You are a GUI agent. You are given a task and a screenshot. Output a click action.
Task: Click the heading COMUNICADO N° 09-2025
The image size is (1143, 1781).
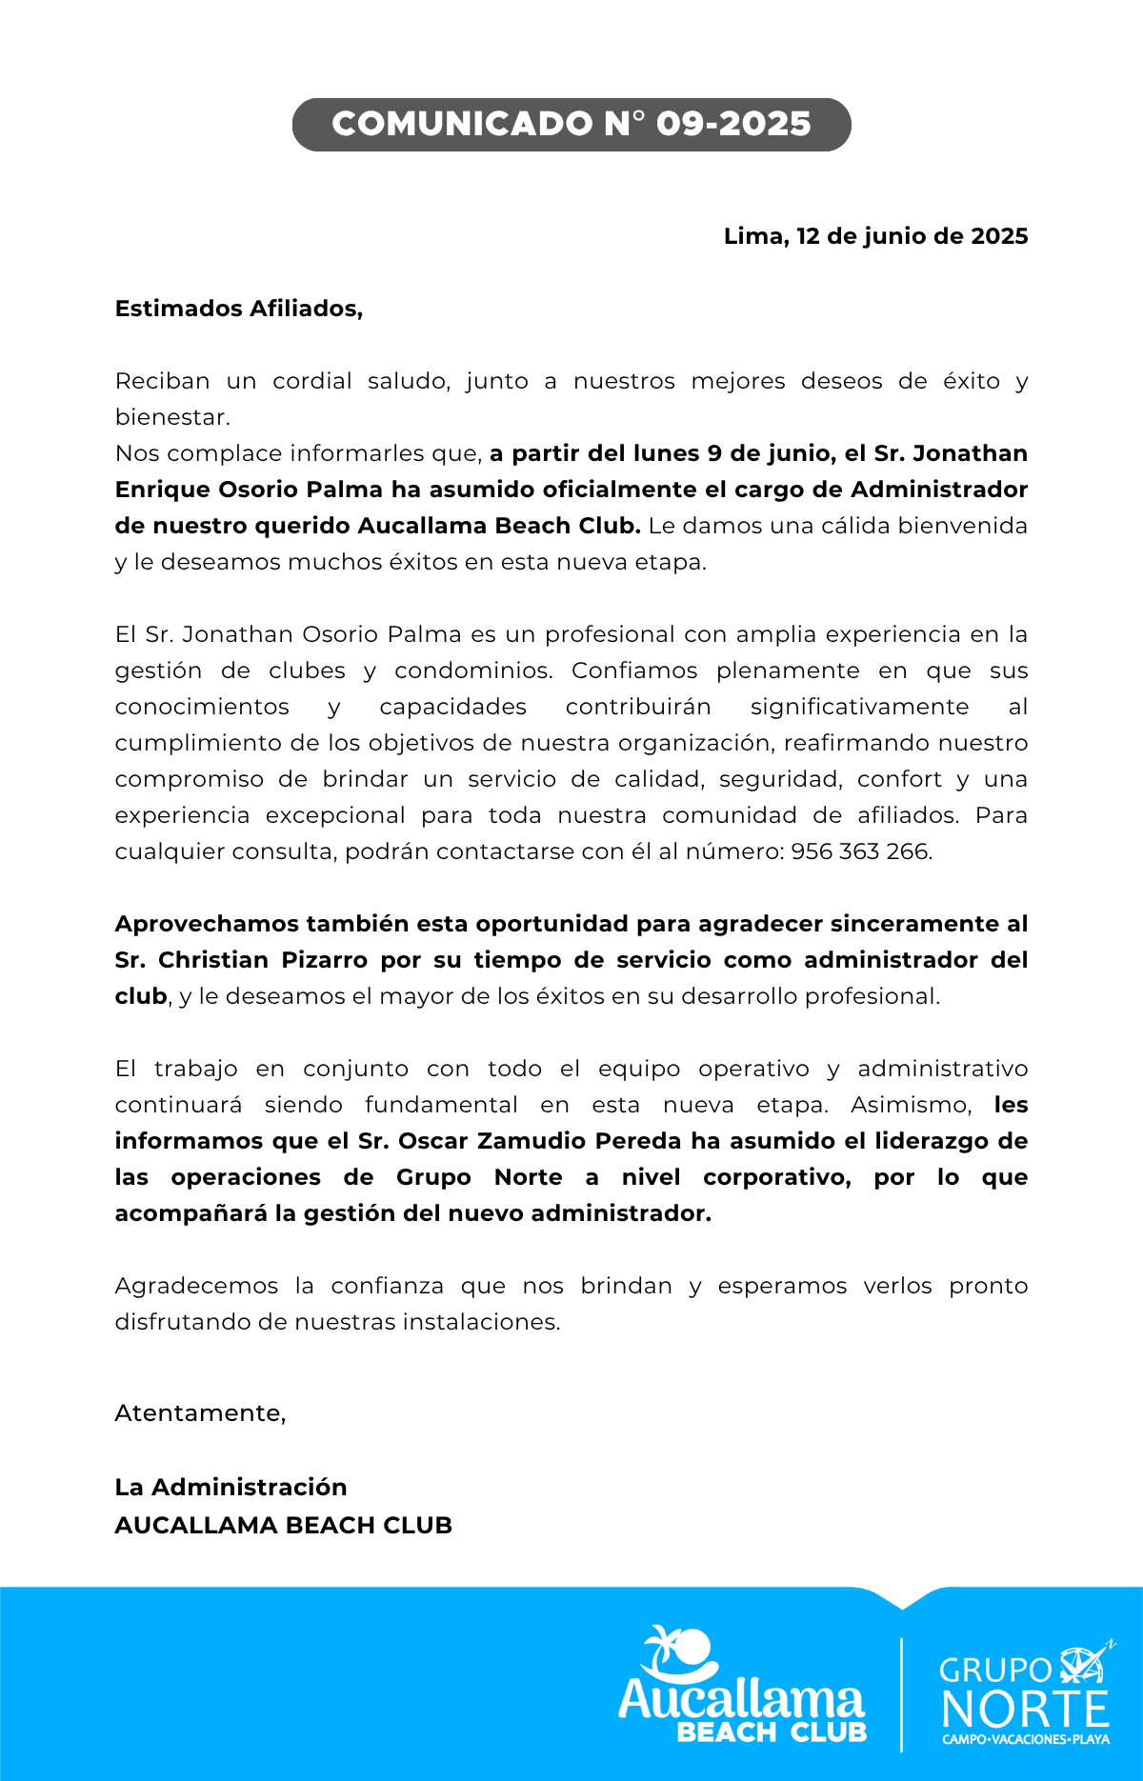pyautogui.click(x=571, y=124)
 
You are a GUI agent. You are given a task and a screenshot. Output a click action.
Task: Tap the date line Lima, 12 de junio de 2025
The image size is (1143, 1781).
pyautogui.click(x=875, y=236)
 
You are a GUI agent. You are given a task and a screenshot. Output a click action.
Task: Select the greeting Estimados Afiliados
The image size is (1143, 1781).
pyautogui.click(x=238, y=309)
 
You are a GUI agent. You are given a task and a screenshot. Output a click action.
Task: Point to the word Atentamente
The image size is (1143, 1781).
pyautogui.click(x=200, y=1413)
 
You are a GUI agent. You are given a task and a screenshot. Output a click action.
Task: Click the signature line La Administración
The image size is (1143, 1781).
pyautogui.click(x=231, y=1488)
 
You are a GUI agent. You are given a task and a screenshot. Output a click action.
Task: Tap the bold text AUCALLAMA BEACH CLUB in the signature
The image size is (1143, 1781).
pyautogui.click(x=283, y=1526)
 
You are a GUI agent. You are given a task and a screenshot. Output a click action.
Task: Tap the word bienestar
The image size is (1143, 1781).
pyautogui.click(x=171, y=417)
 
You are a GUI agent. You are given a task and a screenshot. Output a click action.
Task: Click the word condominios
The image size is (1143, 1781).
pyautogui.click(x=472, y=670)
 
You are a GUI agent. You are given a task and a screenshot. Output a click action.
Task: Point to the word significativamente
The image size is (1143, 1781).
pyautogui.click(x=859, y=707)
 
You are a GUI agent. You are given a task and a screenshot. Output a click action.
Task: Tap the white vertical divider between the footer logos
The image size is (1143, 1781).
pyautogui.click(x=901, y=1695)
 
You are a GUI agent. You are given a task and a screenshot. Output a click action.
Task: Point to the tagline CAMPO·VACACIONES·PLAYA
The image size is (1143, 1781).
pyautogui.click(x=1026, y=1739)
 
